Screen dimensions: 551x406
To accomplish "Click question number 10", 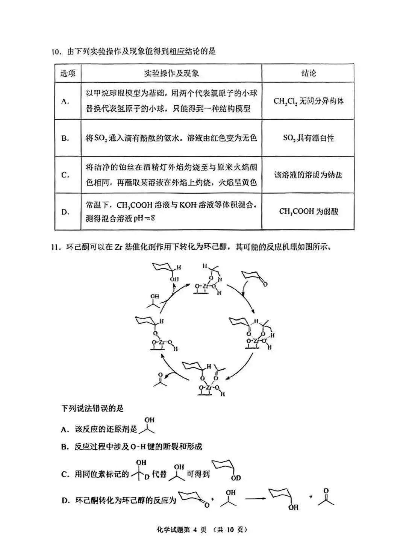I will tap(56, 52).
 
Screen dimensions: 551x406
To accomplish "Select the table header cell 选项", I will tap(68, 73).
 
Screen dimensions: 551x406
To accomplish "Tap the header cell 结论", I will tap(308, 73).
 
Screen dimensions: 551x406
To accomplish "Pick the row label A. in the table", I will tap(65, 101).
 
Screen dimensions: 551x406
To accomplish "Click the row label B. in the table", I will tap(65, 138).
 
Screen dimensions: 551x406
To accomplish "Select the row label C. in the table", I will tap(65, 175).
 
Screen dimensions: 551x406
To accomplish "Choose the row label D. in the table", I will tap(65, 212).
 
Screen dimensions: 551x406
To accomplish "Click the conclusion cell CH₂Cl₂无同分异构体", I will tap(308, 101).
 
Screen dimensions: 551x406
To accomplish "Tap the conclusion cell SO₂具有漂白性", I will tap(308, 138).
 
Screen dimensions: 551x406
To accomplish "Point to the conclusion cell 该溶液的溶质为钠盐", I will tap(308, 175).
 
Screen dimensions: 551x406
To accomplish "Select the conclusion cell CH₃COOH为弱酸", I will tap(308, 211).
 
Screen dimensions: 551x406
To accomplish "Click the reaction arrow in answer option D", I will tap(255, 499).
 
